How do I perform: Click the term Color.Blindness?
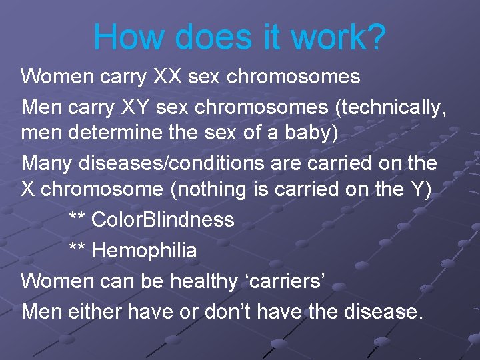click(x=163, y=219)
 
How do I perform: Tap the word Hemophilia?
click(x=145, y=251)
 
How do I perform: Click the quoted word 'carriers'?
click(x=284, y=281)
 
